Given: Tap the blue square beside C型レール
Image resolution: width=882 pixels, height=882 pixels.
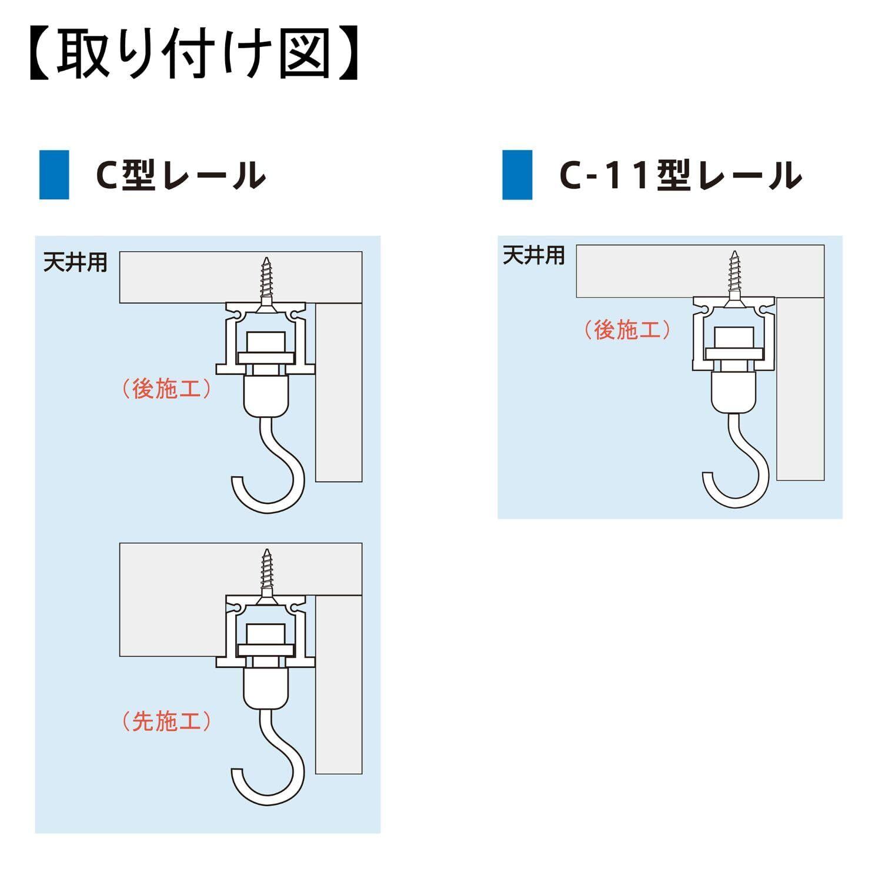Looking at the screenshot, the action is [x=54, y=175].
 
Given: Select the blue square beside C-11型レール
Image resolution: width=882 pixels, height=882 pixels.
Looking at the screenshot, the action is [x=517, y=175].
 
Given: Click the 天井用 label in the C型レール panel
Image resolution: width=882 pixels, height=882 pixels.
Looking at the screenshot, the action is [x=75, y=262].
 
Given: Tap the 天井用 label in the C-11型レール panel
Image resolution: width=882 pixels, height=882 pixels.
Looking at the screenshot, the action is [x=534, y=255].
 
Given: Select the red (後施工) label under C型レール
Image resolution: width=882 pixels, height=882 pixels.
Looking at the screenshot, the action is [x=166, y=389].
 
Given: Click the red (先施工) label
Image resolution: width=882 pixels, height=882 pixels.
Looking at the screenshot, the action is [x=166, y=721].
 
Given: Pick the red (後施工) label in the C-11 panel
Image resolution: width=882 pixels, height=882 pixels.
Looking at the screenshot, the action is [x=627, y=330].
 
